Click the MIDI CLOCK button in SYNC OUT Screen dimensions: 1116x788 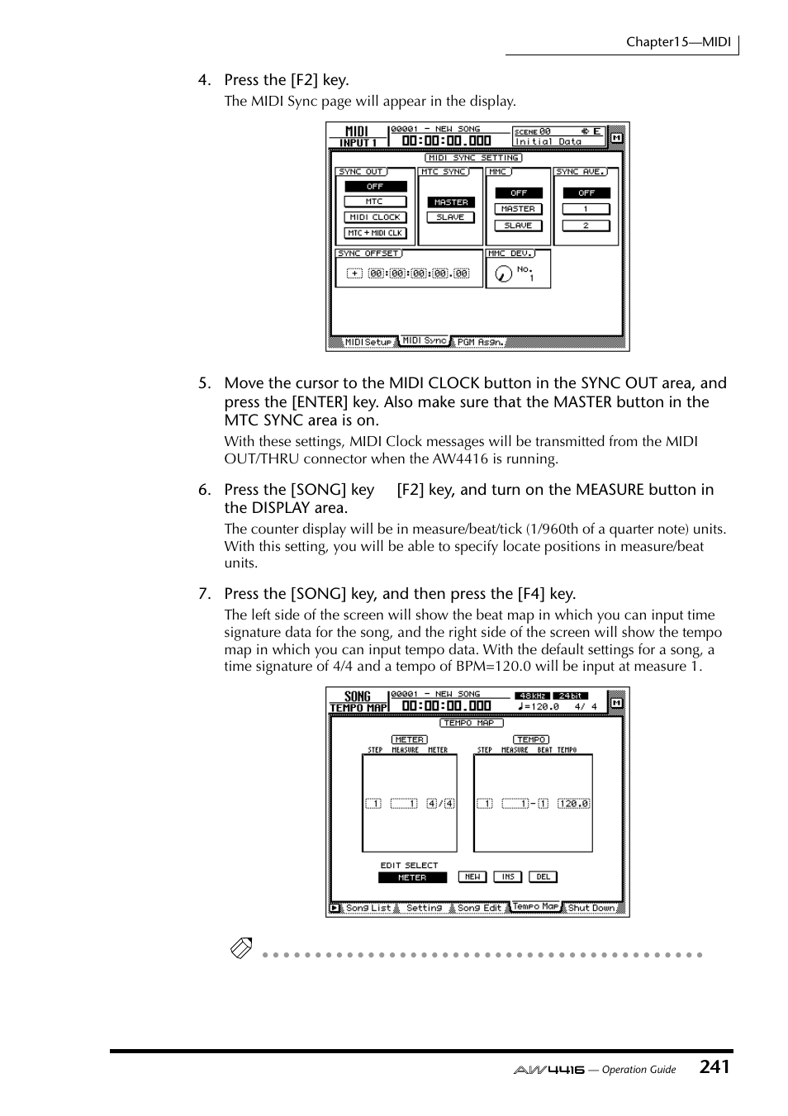(375, 217)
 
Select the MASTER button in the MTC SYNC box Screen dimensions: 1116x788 (451, 202)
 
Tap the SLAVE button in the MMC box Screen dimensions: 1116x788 (518, 226)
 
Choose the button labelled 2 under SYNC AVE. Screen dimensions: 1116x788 (586, 226)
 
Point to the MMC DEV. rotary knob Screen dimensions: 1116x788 (503, 273)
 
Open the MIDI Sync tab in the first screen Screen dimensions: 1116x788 (425, 340)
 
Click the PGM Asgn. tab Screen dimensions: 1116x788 (480, 342)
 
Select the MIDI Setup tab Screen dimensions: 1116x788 (368, 342)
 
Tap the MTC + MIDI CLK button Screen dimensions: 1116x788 (375, 233)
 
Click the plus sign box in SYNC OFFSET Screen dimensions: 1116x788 (354, 273)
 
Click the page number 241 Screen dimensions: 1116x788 (714, 1067)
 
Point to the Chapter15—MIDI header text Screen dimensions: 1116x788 (678, 42)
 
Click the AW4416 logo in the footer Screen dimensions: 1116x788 (548, 1070)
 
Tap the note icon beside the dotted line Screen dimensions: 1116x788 (241, 948)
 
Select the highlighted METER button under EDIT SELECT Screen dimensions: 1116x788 (412, 877)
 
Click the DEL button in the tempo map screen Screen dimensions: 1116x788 (543, 877)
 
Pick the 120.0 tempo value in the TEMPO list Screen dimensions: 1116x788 (573, 803)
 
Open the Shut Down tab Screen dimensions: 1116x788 (591, 908)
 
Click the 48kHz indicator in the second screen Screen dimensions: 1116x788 (531, 696)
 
